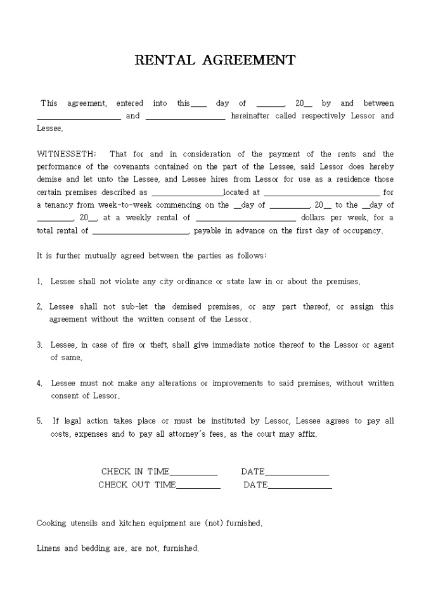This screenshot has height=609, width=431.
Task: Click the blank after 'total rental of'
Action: (x=140, y=232)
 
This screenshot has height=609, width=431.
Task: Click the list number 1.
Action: (x=39, y=281)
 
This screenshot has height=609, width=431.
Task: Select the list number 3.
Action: (x=39, y=345)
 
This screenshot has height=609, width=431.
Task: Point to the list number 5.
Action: (x=39, y=421)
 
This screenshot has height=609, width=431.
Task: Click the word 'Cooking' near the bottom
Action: (x=51, y=524)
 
